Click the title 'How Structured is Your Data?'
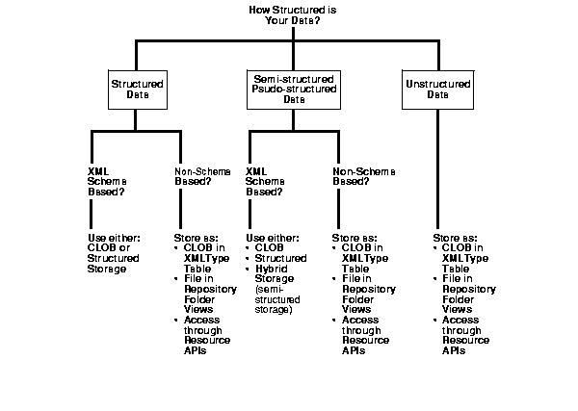(288, 14)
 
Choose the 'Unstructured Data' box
(438, 90)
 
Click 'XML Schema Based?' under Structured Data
(104, 181)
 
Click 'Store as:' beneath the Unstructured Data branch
(454, 236)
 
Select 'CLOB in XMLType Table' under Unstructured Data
(467, 258)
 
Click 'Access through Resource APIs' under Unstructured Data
(466, 334)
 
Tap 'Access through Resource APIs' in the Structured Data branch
(206, 334)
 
